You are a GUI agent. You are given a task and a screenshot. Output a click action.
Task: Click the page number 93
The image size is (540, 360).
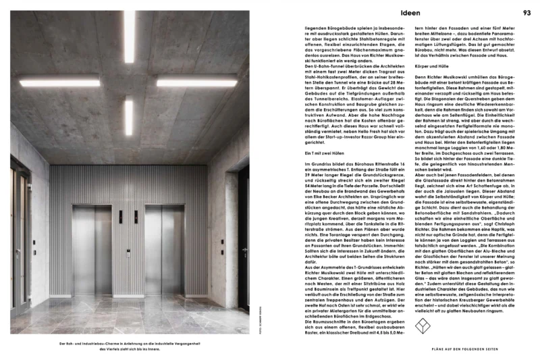527,12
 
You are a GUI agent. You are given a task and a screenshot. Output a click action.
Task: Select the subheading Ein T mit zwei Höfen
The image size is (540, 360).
323,154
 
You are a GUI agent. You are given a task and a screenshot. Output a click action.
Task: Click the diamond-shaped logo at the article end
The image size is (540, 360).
422,327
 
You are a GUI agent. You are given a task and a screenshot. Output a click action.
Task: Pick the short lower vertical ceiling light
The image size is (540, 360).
128,116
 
